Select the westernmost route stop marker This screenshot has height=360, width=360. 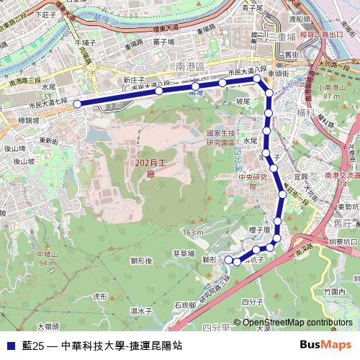coord(77,104)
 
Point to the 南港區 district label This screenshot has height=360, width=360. coord(191,66)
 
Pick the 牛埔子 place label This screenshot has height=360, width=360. coord(86,42)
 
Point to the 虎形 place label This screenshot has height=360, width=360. coord(100,296)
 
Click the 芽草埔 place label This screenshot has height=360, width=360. coord(184,253)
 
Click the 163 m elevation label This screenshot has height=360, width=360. coord(193,233)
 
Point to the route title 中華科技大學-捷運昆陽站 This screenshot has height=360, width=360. coord(121,346)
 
